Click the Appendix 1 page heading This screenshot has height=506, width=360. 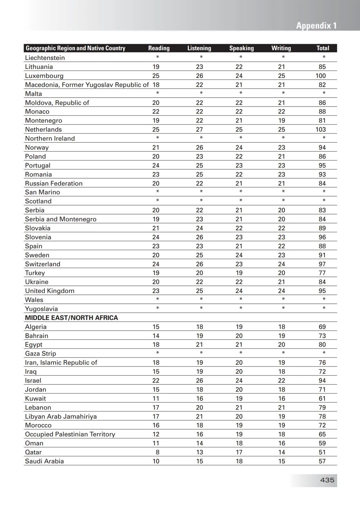point(316,26)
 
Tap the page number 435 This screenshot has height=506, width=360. point(327,480)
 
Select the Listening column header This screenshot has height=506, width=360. point(199,48)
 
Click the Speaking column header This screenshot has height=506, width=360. point(241,48)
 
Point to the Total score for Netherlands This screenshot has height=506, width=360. point(321,130)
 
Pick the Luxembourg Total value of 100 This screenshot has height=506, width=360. point(321,76)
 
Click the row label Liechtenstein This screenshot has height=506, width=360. point(45,58)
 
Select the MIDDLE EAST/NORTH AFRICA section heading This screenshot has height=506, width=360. point(71,318)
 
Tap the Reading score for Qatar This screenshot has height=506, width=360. point(157,452)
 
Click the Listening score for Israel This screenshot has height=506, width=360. point(199,380)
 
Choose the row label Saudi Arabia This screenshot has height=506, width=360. point(44,461)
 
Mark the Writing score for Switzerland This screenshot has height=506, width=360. point(282,264)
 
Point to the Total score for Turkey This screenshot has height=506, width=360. point(322,273)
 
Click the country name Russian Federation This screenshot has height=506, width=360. point(54,184)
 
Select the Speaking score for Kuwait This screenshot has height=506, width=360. point(239,398)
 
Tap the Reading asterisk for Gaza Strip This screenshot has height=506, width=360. point(157,353)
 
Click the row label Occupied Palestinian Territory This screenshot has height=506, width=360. point(70,434)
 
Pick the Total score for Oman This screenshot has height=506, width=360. point(322,443)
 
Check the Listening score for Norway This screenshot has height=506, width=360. point(199,148)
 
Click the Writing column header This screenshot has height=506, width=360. point(281,48)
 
